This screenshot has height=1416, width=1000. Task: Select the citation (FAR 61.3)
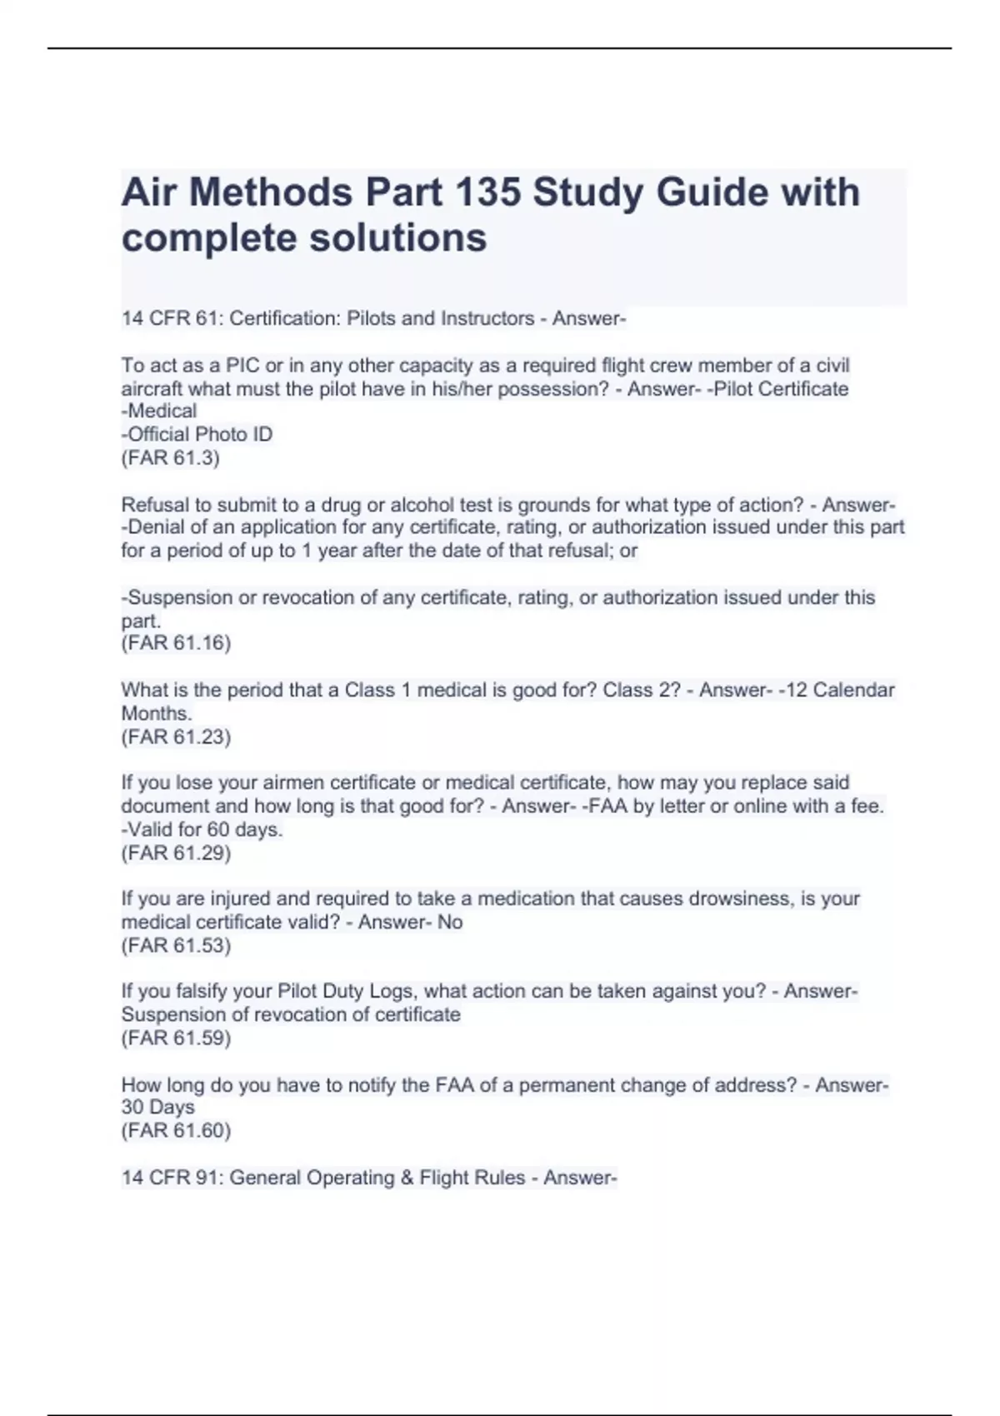[x=171, y=457]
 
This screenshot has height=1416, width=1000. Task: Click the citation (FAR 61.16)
[x=176, y=643]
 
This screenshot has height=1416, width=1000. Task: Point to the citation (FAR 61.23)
[x=176, y=736]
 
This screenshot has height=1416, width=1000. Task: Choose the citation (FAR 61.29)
[x=176, y=852]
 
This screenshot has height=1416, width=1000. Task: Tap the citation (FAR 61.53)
[x=176, y=945]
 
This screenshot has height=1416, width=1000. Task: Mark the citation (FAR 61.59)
[x=176, y=1038]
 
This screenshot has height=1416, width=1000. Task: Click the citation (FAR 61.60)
[x=176, y=1130]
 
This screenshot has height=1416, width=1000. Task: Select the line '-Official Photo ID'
[x=197, y=434]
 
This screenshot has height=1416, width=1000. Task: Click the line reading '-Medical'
[x=159, y=411]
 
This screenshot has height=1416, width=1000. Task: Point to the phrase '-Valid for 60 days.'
[x=202, y=830]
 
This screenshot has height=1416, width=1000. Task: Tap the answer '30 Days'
[x=158, y=1107]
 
